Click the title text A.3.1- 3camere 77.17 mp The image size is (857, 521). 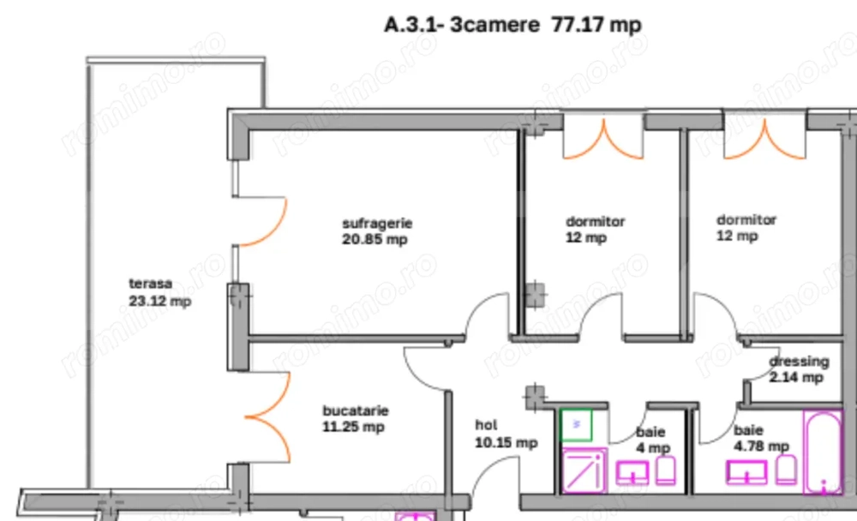coord(512,25)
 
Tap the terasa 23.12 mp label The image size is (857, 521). coord(159,291)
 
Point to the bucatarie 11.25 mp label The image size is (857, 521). coord(354,418)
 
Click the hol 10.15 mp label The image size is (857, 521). coord(506,434)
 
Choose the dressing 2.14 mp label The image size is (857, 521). coord(798,368)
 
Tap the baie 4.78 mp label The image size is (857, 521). coord(760,438)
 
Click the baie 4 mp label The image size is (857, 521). coord(651,440)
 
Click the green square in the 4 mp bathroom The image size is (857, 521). coord(576,424)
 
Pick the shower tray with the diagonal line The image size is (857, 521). coord(584,470)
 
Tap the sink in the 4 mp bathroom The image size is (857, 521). coord(633,471)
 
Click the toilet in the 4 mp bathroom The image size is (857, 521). coord(665,469)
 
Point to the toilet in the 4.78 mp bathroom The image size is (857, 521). coord(786,469)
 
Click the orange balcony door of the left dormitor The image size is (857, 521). coord(603,139)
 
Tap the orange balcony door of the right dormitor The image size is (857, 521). coord(764,140)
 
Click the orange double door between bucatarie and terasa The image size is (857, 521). coord(269,418)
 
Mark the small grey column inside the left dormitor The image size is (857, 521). coord(536,294)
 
